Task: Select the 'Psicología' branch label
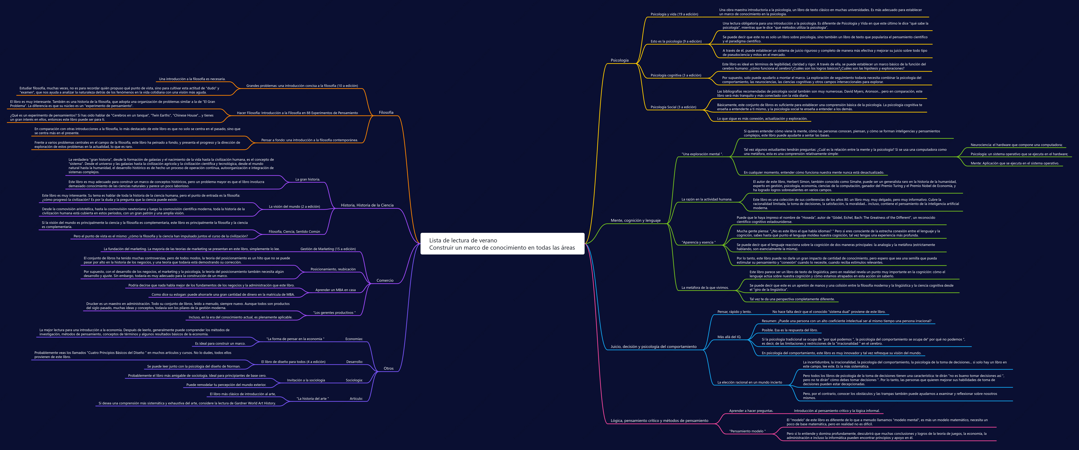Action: (620, 60)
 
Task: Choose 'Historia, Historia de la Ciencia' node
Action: (367, 205)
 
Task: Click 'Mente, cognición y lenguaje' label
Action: (635, 220)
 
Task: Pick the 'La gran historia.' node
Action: (307, 179)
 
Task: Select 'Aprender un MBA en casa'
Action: (336, 290)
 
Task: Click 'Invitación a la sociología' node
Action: (306, 380)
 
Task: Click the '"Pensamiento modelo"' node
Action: (747, 431)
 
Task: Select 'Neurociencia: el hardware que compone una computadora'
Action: (1016, 145)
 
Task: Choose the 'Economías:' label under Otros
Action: (354, 339)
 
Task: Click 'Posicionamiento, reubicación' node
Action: (333, 269)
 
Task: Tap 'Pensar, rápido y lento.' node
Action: (734, 312)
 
